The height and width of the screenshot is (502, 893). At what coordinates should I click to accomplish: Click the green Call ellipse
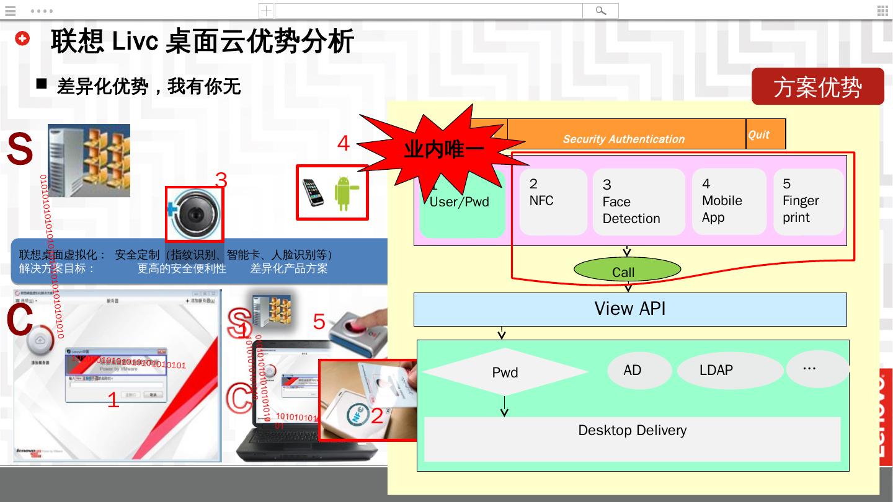[x=627, y=270]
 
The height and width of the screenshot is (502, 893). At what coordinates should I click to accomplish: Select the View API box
[x=630, y=309]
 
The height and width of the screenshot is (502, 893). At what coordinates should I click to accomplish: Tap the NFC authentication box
[x=553, y=201]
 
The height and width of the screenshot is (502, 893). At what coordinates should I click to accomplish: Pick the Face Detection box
[x=638, y=202]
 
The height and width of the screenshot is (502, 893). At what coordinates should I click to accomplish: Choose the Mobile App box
[x=729, y=201]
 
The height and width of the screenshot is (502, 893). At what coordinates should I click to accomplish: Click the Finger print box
[x=808, y=201]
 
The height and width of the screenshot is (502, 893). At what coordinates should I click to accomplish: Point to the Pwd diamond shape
[x=505, y=372]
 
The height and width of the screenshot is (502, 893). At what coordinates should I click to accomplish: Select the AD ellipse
[x=639, y=371]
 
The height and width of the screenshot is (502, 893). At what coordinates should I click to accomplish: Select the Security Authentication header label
[x=624, y=139]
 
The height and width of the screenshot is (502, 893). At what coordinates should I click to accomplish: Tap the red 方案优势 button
[x=817, y=87]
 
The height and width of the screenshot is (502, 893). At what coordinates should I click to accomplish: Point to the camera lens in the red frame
[x=195, y=214]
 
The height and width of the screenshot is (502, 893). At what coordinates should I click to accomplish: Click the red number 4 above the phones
[x=344, y=144]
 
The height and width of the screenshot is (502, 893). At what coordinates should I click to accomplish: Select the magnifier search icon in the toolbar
[x=600, y=11]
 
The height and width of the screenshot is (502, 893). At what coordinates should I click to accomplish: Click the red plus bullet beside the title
[x=22, y=38]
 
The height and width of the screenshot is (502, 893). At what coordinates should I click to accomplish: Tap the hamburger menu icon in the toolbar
[x=10, y=11]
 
